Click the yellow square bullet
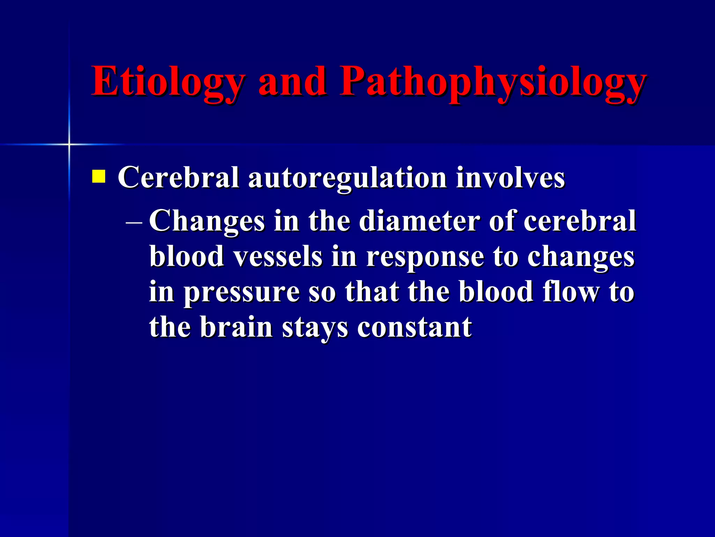coord(98,176)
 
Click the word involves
coord(510,178)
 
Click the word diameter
coord(419,221)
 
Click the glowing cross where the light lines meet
coord(69,144)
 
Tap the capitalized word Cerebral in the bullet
coord(178,178)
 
